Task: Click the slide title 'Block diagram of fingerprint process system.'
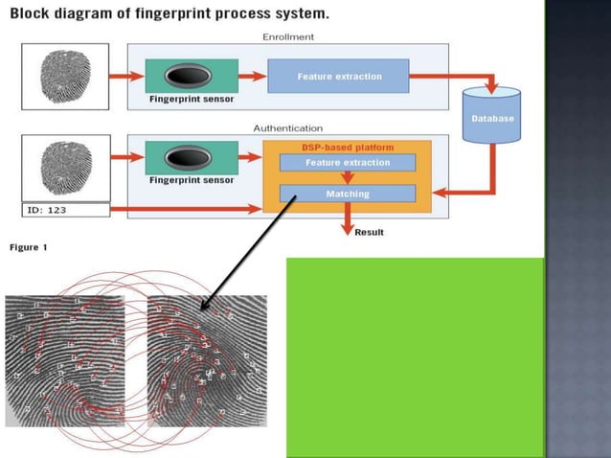(170, 14)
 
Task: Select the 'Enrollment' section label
(287, 36)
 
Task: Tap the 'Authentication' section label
(287, 127)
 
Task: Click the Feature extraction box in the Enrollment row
(338, 76)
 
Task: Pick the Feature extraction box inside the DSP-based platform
(347, 163)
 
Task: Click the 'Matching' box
(347, 194)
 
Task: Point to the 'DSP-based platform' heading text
(348, 148)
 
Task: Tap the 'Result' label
(370, 232)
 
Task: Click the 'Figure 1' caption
(28, 247)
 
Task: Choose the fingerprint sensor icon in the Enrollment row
(192, 75)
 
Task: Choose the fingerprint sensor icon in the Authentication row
(192, 158)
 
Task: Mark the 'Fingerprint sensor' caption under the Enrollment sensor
(192, 99)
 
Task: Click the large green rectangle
(414, 356)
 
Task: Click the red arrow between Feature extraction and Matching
(347, 178)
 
